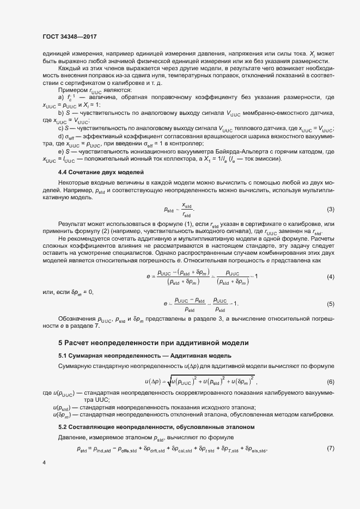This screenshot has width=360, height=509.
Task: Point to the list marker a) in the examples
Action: coord(61,97)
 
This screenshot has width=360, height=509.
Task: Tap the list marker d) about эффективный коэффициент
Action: coord(61,136)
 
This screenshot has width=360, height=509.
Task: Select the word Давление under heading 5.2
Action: coord(74,437)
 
